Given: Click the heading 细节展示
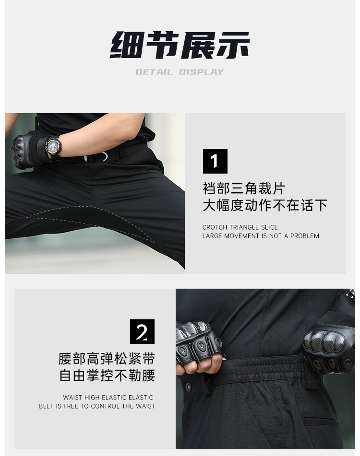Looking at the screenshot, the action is click(x=180, y=45).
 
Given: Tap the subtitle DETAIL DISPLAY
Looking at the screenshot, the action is click(x=180, y=72).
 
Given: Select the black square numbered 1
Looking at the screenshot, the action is click(x=215, y=161).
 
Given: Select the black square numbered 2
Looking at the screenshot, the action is click(x=142, y=331).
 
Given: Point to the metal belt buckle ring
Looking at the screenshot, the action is click(x=96, y=157).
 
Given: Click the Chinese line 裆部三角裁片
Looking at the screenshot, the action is click(x=244, y=188).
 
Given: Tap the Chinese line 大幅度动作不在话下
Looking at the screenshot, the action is click(x=265, y=205).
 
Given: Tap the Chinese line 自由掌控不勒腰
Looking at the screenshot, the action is click(x=107, y=375).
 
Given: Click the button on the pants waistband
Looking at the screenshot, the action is click(x=188, y=387).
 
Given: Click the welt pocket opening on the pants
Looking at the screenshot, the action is click(x=321, y=421).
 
